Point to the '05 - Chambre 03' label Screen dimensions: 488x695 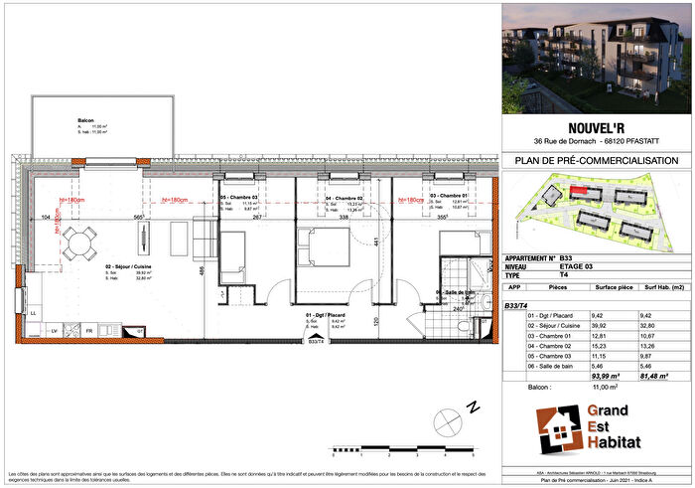tap(239, 198)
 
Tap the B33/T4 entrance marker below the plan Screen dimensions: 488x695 tap(317, 342)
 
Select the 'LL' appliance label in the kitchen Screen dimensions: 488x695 tap(33, 312)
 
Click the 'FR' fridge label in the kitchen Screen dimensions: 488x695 tap(89, 330)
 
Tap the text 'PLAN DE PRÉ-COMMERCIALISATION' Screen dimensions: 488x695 tap(597, 160)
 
